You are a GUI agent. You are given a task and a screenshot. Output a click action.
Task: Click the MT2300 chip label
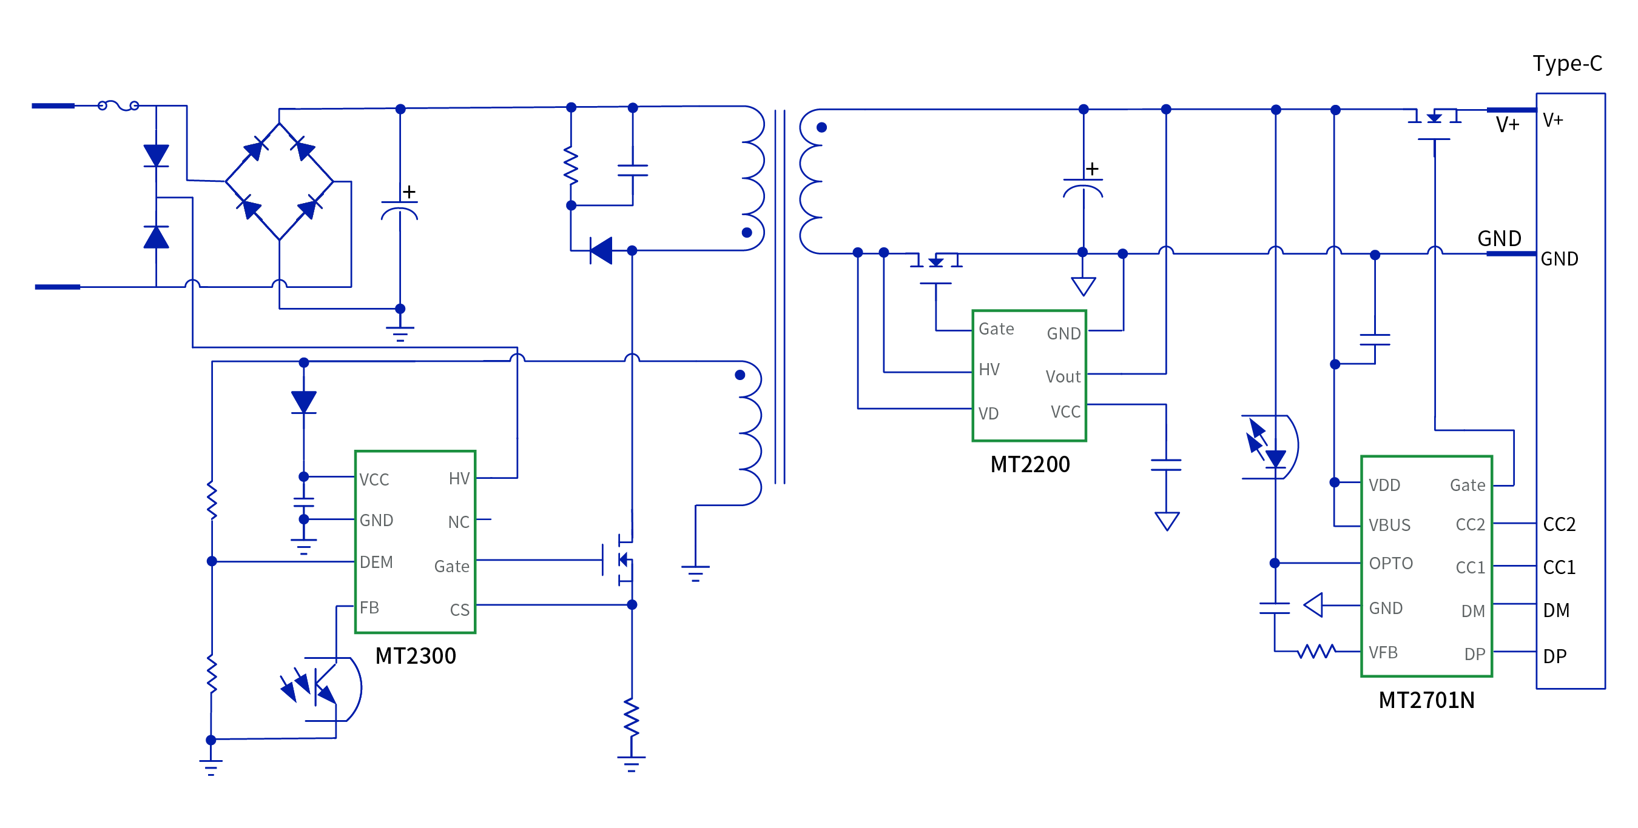(415, 655)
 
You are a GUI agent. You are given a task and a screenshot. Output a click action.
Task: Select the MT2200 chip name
(1030, 464)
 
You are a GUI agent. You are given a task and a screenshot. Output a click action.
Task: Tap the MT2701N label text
(1426, 699)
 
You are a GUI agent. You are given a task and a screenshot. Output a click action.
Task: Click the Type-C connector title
(1567, 64)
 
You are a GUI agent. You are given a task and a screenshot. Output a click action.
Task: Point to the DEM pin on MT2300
(376, 562)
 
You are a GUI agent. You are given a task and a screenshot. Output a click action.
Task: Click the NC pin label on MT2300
(459, 522)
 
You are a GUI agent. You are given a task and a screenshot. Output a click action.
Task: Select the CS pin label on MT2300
(459, 610)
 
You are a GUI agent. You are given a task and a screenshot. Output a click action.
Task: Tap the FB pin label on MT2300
(369, 607)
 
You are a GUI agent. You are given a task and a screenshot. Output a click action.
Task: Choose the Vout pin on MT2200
(1062, 376)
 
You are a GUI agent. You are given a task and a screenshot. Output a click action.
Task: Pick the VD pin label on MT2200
(988, 413)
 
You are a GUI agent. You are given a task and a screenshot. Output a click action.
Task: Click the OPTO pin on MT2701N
(1390, 563)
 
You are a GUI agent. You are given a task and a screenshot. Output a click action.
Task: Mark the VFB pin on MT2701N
(1383, 652)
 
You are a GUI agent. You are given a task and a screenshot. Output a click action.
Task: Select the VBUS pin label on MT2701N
(1389, 525)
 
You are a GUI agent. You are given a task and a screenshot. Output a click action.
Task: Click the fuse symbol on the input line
(118, 105)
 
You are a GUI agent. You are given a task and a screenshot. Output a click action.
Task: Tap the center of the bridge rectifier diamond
(279, 181)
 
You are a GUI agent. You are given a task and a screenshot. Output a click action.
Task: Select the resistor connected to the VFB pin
(1316, 652)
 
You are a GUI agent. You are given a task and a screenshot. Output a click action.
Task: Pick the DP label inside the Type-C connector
(1555, 656)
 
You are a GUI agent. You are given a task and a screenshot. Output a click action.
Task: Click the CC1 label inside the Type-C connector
(1559, 567)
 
